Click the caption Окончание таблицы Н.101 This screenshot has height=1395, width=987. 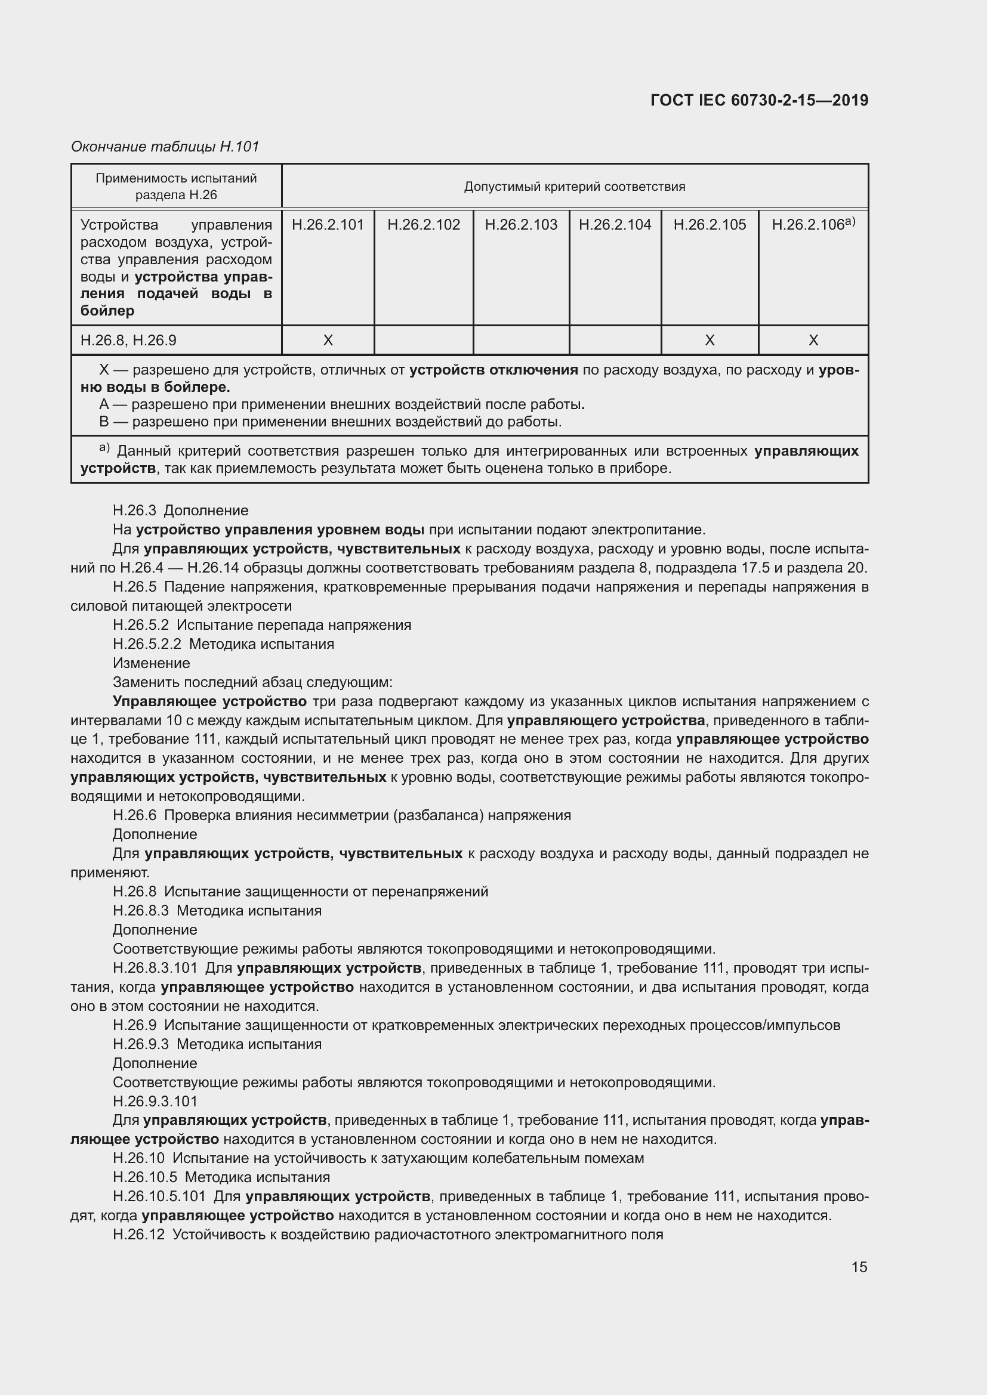165,147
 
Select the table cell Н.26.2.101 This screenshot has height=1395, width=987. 328,225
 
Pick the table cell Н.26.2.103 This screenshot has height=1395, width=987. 521,225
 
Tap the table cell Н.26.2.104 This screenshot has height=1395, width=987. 615,225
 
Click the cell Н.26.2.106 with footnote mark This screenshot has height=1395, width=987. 813,225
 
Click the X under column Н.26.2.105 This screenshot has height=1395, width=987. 710,340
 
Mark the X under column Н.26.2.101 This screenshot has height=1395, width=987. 328,340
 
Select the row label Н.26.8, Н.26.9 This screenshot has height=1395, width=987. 128,340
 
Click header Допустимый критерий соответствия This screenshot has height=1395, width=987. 574,187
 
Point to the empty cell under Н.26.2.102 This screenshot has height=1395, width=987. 424,340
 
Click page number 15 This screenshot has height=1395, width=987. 859,1267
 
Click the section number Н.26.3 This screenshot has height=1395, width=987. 134,511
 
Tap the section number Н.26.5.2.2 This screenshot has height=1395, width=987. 146,644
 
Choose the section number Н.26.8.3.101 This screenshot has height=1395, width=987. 155,968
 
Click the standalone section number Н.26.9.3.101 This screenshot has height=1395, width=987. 155,1102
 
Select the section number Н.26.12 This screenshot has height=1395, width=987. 138,1235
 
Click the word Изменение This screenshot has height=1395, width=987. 152,663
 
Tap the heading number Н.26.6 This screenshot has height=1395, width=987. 134,815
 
